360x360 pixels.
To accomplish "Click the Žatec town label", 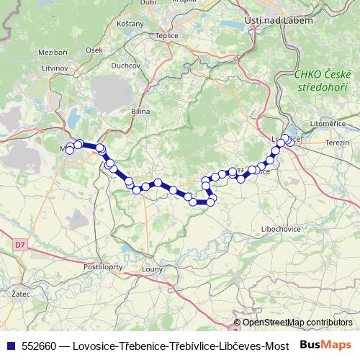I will tap(22, 295).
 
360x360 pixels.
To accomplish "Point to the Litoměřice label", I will tap(328, 124).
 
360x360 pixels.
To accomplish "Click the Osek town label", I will tap(94, 50).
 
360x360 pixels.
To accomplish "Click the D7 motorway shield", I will tap(19, 246).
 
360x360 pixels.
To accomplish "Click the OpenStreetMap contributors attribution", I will tap(297, 323).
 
